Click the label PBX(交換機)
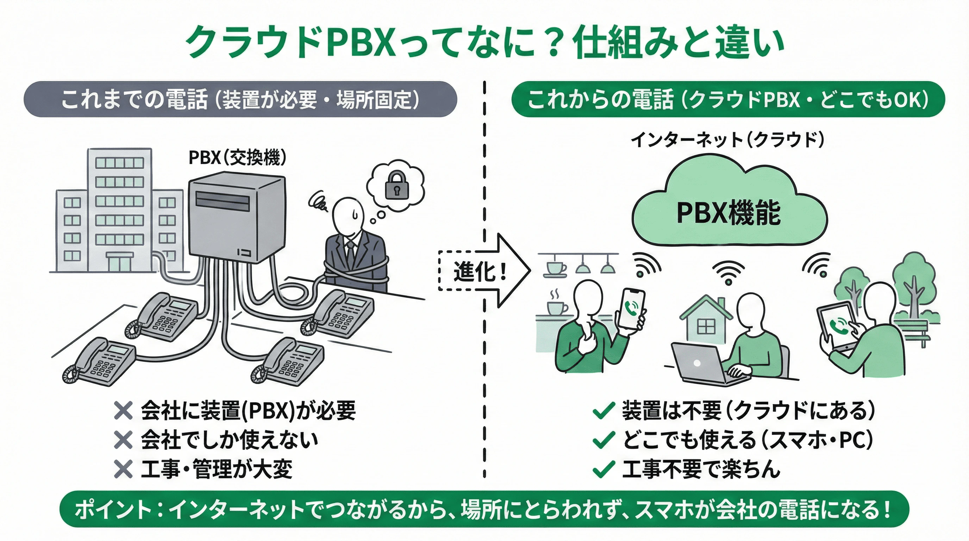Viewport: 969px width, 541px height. click(x=237, y=157)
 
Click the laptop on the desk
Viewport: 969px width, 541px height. click(x=698, y=363)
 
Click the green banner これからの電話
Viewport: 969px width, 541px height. click(x=727, y=99)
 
